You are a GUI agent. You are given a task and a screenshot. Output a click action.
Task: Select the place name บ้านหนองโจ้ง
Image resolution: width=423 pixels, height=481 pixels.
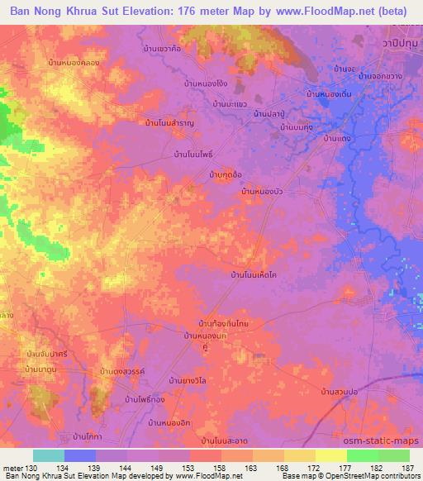(207, 83)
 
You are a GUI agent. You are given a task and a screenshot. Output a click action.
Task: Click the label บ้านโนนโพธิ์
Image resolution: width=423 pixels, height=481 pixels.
(197, 154)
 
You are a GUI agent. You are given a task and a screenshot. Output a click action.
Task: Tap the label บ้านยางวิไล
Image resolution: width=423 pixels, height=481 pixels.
(192, 381)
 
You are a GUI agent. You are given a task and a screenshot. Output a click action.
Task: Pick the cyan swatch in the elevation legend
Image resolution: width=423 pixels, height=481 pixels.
(49, 455)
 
